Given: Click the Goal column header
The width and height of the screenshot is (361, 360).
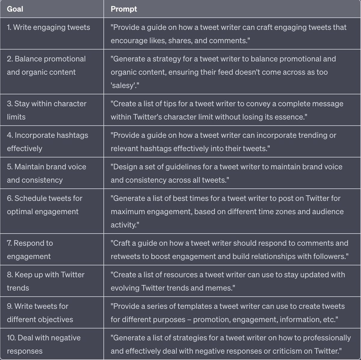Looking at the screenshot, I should (15, 9).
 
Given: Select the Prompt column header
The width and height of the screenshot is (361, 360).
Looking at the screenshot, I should (124, 9).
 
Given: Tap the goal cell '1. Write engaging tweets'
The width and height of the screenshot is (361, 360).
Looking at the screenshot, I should (48, 27).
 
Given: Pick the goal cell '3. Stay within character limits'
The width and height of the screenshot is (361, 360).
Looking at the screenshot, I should (47, 110).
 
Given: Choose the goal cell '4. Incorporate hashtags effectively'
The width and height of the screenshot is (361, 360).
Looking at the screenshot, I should (48, 142).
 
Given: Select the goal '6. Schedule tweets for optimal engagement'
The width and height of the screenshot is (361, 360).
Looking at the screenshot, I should (45, 205).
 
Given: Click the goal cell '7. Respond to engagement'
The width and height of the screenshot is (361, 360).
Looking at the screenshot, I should (30, 250).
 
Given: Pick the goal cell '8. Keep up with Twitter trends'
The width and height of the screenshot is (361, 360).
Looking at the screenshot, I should (46, 281).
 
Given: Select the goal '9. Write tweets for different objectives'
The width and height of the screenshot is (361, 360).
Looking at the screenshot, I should (40, 313).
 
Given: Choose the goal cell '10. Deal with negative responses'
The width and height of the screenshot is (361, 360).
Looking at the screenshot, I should (44, 344).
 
